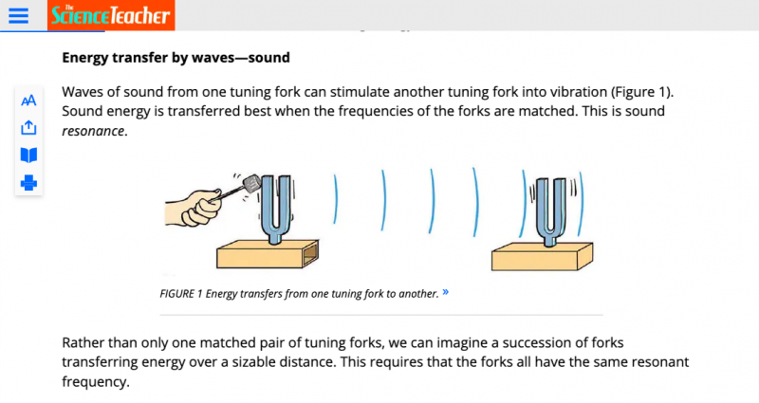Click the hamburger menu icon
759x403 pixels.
(18, 15)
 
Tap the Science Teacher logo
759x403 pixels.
(111, 15)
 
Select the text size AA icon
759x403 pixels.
(28, 101)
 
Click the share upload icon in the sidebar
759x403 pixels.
(28, 128)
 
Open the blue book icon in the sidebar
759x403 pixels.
(28, 156)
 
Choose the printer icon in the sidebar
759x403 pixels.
(28, 183)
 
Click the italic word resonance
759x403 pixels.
(93, 131)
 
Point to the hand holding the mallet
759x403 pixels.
(194, 208)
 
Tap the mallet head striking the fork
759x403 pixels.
(251, 183)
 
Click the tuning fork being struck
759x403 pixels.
(276, 209)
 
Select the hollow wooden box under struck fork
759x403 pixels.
(268, 253)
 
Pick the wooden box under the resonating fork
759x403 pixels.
(542, 256)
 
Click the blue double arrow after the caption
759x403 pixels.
(445, 292)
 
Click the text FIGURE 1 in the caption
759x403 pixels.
(181, 294)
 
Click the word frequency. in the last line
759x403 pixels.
(96, 382)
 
